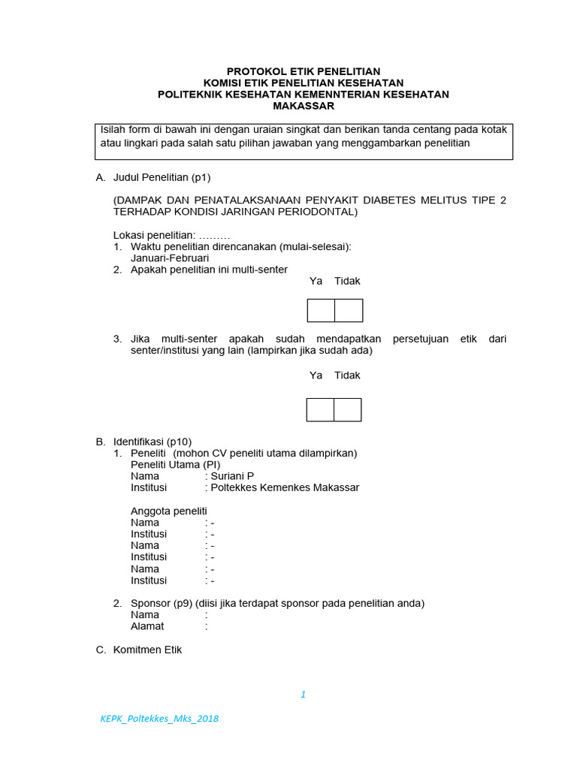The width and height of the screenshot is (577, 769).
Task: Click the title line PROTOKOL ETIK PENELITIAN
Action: [x=303, y=71]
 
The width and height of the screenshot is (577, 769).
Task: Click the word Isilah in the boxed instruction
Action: [x=115, y=129]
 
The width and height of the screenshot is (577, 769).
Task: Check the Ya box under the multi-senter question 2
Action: [x=321, y=310]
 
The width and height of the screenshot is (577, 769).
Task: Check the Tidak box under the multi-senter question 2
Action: [x=349, y=310]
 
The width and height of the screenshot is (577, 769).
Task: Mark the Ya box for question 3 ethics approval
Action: [x=320, y=409]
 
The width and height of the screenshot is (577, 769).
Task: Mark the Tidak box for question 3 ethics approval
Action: [x=347, y=409]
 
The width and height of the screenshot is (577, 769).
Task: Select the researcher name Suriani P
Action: [x=232, y=476]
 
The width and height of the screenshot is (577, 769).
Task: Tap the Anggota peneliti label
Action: [x=169, y=511]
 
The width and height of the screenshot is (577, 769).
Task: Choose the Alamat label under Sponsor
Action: [x=147, y=626]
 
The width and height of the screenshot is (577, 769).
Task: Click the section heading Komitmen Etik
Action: [x=147, y=650]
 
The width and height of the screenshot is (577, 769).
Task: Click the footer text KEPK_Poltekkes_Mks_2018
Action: [x=159, y=719]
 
